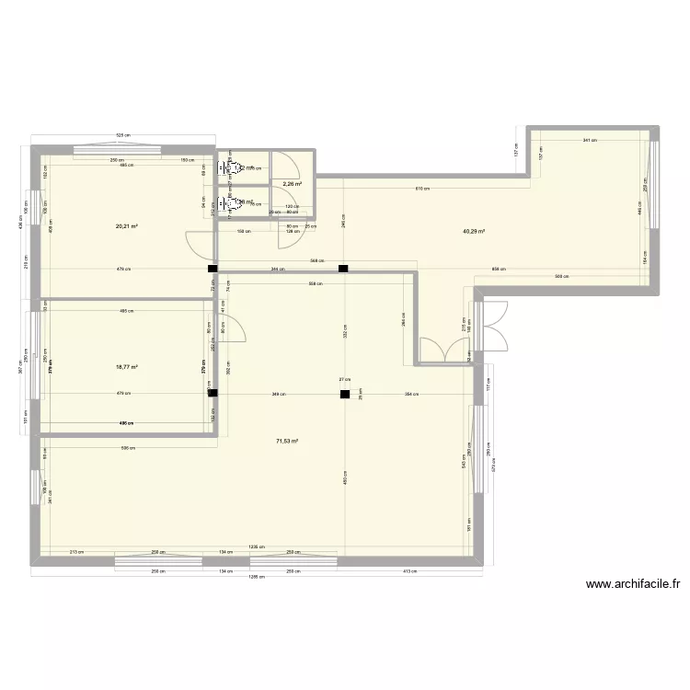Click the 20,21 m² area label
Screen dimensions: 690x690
pos(127,225)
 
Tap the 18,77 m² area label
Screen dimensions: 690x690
pos(127,366)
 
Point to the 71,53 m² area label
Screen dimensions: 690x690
pos(286,442)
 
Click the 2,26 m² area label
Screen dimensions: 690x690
pos(293,184)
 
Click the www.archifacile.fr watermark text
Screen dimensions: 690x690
pos(632,583)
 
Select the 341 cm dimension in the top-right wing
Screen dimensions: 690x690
pos(589,141)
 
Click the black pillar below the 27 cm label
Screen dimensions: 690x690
pos(344,395)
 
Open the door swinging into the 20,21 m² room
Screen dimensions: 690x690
pos(200,245)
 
